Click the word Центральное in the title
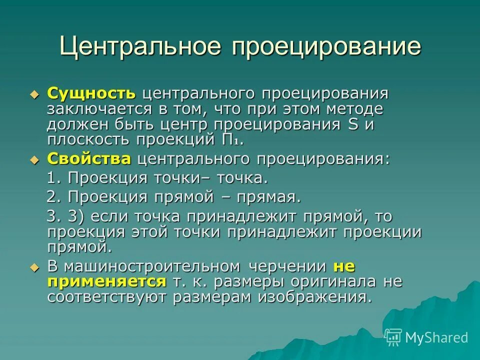140,46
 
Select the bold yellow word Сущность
91,93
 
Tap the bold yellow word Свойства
89,159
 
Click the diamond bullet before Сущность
34,94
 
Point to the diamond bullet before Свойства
34,159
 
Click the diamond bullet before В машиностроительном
34,267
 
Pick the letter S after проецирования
352,124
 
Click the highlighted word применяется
106,281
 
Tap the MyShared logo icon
393,337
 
